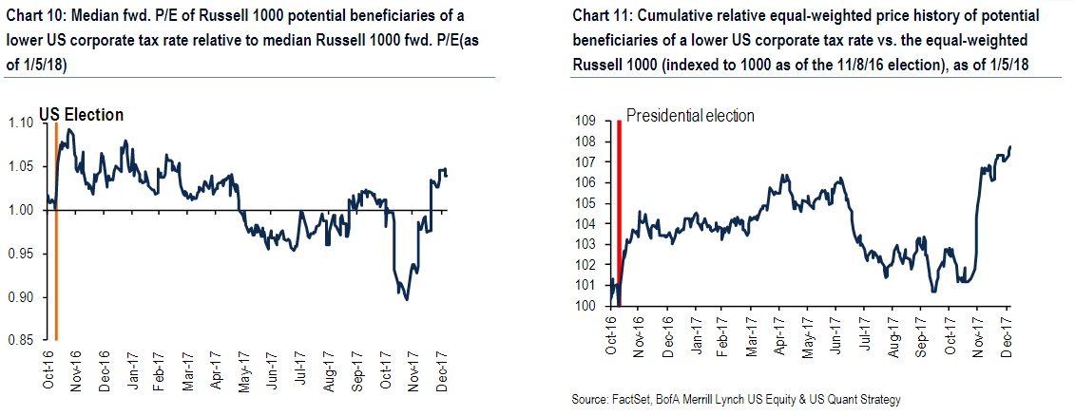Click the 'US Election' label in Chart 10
tap(82, 115)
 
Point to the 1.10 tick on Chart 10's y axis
tap(21, 123)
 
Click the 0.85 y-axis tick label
tap(21, 341)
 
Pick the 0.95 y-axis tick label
tap(21, 254)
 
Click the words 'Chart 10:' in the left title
tap(37, 17)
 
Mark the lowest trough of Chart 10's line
tap(407, 299)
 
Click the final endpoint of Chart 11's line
tap(1009, 146)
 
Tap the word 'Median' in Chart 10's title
tap(99, 17)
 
